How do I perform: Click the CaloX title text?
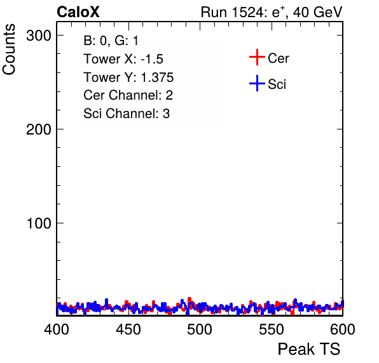click(x=78, y=12)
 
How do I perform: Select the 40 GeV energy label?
click(x=317, y=12)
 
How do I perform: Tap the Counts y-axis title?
click(x=9, y=49)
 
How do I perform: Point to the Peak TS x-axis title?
click(x=309, y=349)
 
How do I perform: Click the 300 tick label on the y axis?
click(x=39, y=36)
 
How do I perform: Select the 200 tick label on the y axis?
click(x=39, y=129)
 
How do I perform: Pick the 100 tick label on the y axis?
click(x=39, y=223)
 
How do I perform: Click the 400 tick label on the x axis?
click(x=57, y=329)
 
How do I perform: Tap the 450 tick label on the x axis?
click(x=128, y=329)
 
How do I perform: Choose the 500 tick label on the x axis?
click(x=200, y=329)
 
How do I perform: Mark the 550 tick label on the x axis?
click(x=271, y=329)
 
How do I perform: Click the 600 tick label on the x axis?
click(x=343, y=329)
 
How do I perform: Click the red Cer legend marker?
click(x=257, y=57)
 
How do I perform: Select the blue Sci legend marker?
click(x=257, y=84)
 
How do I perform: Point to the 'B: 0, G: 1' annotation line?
click(x=111, y=41)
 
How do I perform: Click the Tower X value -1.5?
click(x=152, y=59)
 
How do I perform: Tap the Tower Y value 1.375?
click(x=157, y=77)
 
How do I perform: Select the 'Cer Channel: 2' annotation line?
click(x=128, y=95)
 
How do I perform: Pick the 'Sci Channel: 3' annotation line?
click(x=127, y=114)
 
